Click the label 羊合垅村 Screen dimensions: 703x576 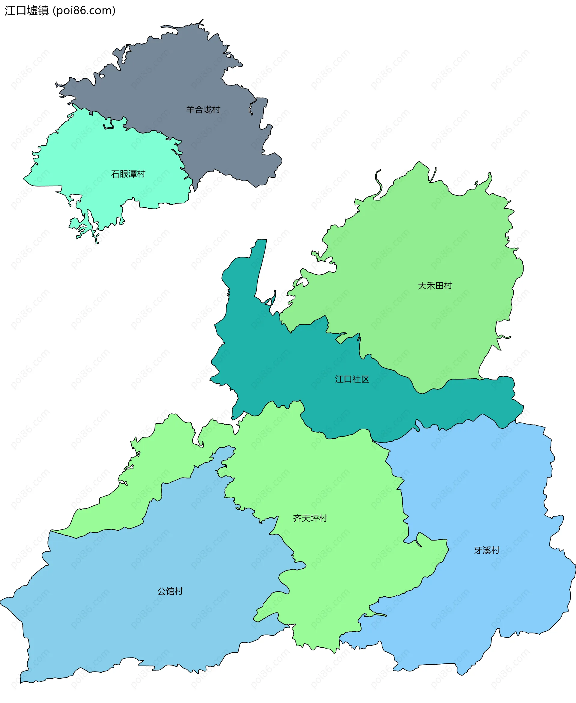pos(203,109)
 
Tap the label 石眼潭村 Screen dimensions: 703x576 pos(128,174)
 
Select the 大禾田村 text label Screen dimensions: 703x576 pos(435,285)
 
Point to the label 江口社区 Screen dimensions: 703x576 pos(352,379)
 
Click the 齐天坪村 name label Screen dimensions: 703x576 pos(310,518)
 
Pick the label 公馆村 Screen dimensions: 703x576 pos(170,591)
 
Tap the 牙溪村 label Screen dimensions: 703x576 pos(486,550)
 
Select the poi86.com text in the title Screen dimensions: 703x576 pos(84,10)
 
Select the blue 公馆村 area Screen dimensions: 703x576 pos(133,630)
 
